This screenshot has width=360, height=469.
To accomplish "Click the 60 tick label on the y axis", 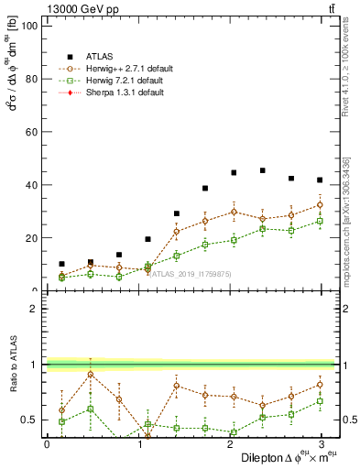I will tap(30, 132).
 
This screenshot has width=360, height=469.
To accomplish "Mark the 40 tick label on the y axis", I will tap(30, 185).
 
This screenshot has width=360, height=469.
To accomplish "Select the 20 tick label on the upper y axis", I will tap(30, 238).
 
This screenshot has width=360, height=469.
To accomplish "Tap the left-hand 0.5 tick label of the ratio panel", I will tap(30, 420).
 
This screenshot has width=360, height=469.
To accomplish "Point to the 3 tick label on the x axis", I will tap(320, 444).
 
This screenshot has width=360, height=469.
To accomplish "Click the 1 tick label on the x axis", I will tap(137, 444).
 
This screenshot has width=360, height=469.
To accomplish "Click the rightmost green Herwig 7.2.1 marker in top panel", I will tap(320, 221).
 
